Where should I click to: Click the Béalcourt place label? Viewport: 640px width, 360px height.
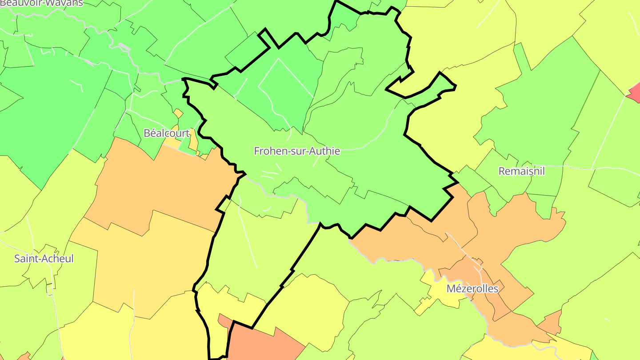167,133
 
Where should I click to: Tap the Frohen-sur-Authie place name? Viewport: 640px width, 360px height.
297,151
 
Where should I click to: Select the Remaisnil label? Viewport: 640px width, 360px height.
521,171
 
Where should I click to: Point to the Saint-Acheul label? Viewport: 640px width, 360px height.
44,259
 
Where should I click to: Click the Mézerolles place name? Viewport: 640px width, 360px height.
472,289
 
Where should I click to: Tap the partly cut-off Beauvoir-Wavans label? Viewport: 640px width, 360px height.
41,3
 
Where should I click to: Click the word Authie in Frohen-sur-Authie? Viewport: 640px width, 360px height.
326,151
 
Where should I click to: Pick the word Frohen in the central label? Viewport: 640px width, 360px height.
268,151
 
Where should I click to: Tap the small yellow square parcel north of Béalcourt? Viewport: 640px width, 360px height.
178,113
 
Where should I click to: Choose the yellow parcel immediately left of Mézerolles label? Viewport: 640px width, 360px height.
433,289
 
